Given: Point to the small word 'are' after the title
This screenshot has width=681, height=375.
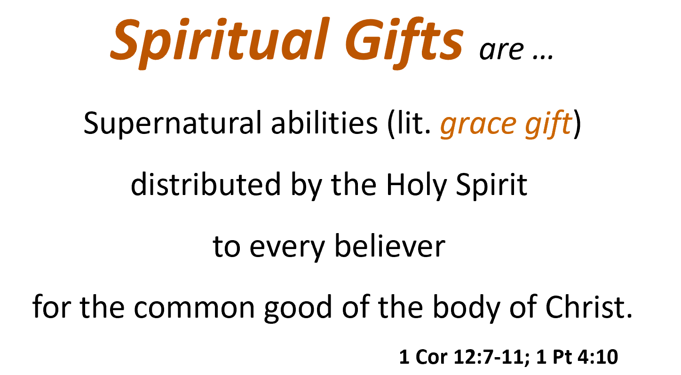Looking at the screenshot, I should pos(502,50).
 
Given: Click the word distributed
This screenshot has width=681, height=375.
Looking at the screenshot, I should pos(204,185).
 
